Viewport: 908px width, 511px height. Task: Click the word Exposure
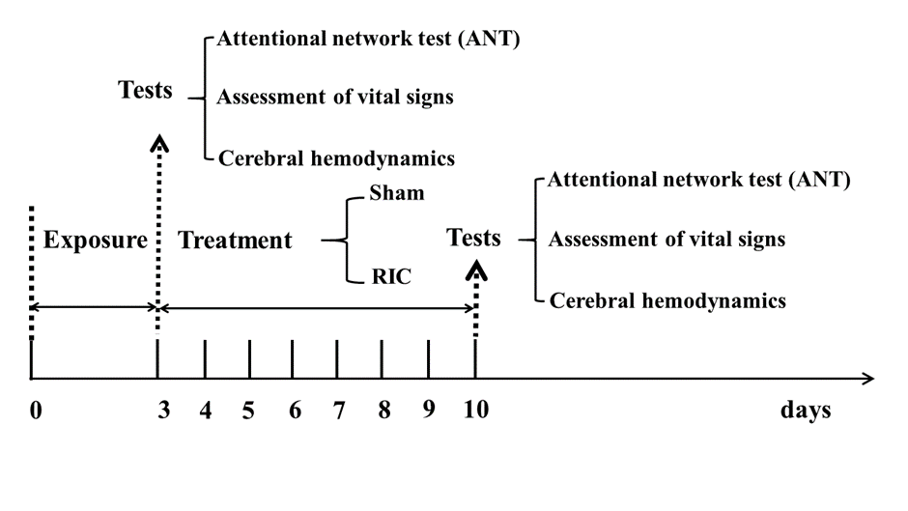pyautogui.click(x=96, y=240)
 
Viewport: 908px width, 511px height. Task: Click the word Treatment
pyautogui.click(x=235, y=240)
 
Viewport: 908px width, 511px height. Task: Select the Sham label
pyautogui.click(x=397, y=193)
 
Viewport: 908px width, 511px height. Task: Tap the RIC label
pyautogui.click(x=391, y=276)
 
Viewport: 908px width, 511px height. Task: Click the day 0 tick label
pyautogui.click(x=36, y=411)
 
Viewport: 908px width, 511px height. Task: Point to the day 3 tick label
pyautogui.click(x=164, y=410)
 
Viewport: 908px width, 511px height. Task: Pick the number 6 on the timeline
pyautogui.click(x=295, y=410)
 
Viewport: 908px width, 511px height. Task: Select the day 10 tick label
pyautogui.click(x=476, y=410)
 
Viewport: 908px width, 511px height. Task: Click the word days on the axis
pyautogui.click(x=806, y=410)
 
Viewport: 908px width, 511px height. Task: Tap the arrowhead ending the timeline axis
pyautogui.click(x=868, y=379)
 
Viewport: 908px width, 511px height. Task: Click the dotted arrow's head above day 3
pyautogui.click(x=159, y=143)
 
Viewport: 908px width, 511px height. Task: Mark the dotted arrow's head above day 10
pyautogui.click(x=476, y=270)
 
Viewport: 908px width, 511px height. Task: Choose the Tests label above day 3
pyautogui.click(x=145, y=91)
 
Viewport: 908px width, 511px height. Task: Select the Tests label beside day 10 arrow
pyautogui.click(x=473, y=239)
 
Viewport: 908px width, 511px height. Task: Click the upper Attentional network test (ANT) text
pyautogui.click(x=368, y=39)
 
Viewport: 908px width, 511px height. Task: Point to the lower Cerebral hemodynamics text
pyautogui.click(x=667, y=300)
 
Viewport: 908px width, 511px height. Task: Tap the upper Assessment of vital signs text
pyautogui.click(x=335, y=97)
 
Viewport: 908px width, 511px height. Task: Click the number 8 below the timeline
pyautogui.click(x=383, y=410)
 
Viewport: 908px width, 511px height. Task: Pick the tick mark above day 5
pyautogui.click(x=249, y=359)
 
